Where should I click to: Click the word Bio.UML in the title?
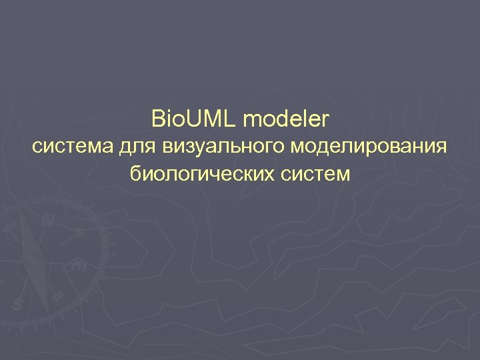click(194, 120)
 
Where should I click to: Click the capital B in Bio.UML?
click(159, 120)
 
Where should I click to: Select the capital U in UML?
click(194, 120)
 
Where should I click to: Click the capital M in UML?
click(213, 120)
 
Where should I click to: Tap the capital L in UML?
click(229, 120)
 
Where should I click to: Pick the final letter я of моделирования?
click(440, 148)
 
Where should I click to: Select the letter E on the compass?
click(79, 265)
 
